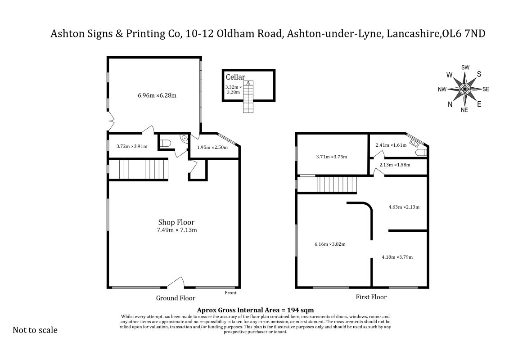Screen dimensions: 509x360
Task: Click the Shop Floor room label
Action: [x=176, y=222]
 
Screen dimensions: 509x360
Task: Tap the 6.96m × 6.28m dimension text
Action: [x=157, y=95]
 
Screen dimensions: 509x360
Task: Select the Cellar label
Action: [x=235, y=77]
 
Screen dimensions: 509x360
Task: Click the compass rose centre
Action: [x=465, y=89]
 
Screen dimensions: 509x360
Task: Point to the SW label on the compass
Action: [x=465, y=67]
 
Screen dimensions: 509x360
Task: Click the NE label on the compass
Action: [x=464, y=110]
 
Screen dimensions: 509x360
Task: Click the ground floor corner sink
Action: [x=184, y=138]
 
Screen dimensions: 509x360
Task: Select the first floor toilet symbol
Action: [x=421, y=153]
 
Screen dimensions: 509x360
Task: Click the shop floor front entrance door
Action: [x=176, y=282]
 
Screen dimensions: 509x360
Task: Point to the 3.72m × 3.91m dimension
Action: [x=132, y=146]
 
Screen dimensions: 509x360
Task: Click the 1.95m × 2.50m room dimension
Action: [x=212, y=148]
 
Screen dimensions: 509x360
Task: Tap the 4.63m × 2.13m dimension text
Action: [x=404, y=207]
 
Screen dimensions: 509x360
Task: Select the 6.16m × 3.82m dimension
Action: [x=330, y=244]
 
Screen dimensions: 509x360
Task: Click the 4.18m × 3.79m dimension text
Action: [x=397, y=257]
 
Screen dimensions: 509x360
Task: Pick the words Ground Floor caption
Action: [x=176, y=298]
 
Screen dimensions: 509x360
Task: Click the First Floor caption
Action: [x=371, y=297]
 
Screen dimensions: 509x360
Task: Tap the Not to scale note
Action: [x=35, y=330]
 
